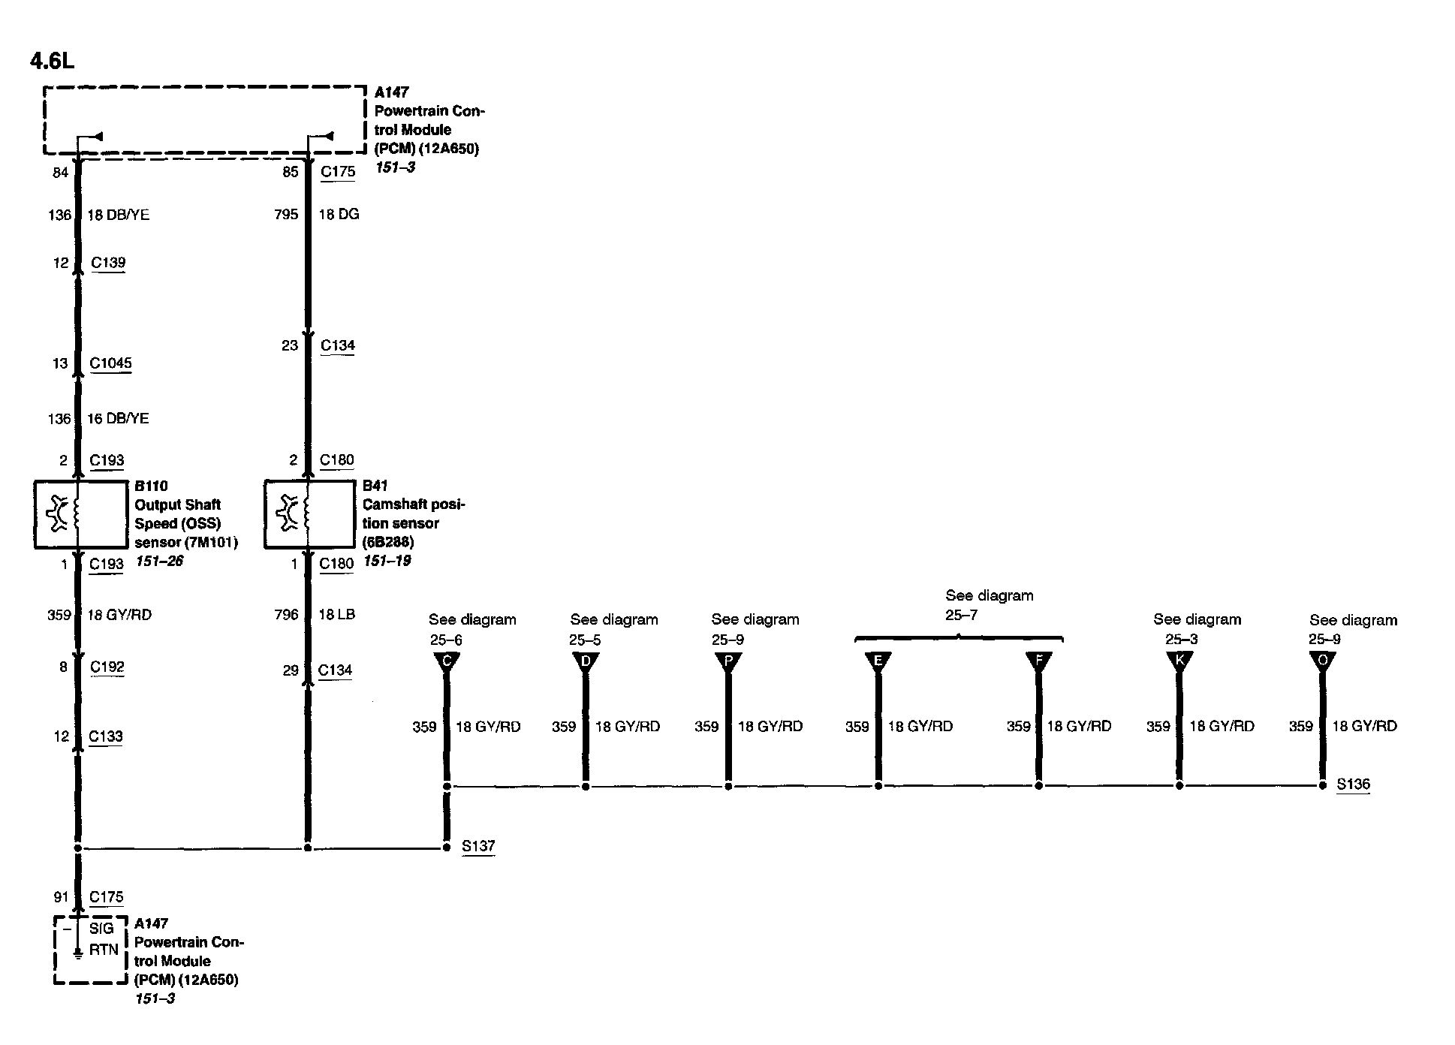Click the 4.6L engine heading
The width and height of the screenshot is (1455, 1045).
pos(52,61)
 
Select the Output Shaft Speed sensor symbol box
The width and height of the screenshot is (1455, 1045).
pos(80,514)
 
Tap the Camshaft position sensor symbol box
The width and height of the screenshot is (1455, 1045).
pos(309,514)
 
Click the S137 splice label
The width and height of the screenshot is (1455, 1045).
pos(478,846)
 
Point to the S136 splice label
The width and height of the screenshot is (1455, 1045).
pos(1353,785)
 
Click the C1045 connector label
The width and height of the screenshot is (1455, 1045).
pos(110,363)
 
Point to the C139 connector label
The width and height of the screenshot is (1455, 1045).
pos(108,263)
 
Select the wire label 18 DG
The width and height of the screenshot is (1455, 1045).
pos(339,215)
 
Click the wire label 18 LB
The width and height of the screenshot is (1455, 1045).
pos(336,615)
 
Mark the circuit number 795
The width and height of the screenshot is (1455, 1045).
pos(286,215)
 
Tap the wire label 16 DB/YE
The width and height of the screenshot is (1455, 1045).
pos(118,419)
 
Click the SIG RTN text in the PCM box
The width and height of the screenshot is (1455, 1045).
pos(103,939)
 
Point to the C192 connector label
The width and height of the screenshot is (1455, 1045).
pos(107,667)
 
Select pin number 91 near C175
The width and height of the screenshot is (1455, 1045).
pos(61,897)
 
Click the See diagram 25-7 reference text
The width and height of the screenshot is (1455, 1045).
pos(989,605)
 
